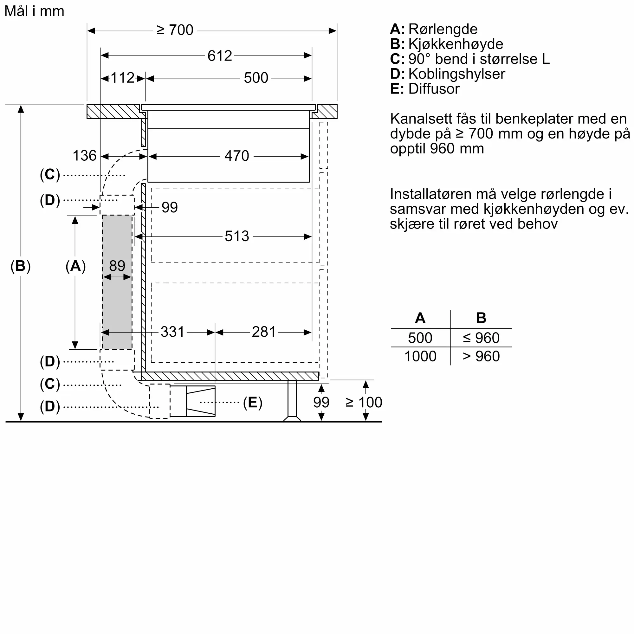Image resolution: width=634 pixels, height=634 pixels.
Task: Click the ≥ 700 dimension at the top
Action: tap(175, 30)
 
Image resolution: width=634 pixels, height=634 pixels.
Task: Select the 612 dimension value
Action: tap(220, 56)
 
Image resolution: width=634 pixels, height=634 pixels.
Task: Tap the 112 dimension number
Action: tap(122, 78)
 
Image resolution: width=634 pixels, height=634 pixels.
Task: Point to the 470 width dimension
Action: tap(236, 156)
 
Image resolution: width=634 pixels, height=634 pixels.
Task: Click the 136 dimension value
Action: tap(84, 156)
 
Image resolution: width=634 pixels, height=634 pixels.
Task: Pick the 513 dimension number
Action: tap(237, 236)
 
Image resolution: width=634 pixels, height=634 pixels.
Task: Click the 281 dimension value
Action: tap(263, 332)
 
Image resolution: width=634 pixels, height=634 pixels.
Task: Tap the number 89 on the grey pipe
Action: tap(117, 266)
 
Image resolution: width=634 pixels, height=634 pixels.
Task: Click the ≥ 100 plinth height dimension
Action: tap(364, 402)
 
